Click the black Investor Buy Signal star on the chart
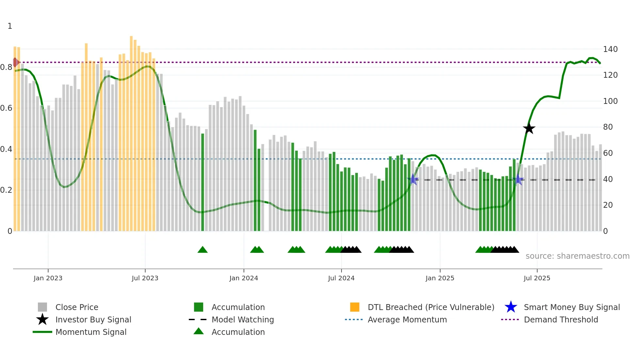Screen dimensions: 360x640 click(529, 129)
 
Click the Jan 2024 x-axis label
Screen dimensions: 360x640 click(244, 278)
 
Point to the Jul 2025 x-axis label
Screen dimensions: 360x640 click(537, 278)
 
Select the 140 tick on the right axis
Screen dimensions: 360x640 click(610, 49)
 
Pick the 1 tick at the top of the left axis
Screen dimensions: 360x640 click(10, 26)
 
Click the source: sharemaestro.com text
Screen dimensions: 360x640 click(577, 256)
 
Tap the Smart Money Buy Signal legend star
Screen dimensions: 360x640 click(511, 307)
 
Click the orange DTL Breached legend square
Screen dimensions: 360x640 click(355, 307)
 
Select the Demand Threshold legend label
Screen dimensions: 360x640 click(561, 319)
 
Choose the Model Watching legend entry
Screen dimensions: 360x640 click(242, 319)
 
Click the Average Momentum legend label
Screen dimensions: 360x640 click(407, 319)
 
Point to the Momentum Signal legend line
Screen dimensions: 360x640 click(42, 332)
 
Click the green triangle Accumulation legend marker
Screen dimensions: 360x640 click(199, 332)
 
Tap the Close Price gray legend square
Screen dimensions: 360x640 click(42, 307)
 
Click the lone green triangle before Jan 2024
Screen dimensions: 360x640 click(202, 250)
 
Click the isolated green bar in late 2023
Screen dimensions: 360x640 click(202, 182)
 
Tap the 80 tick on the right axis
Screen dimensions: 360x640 click(608, 127)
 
